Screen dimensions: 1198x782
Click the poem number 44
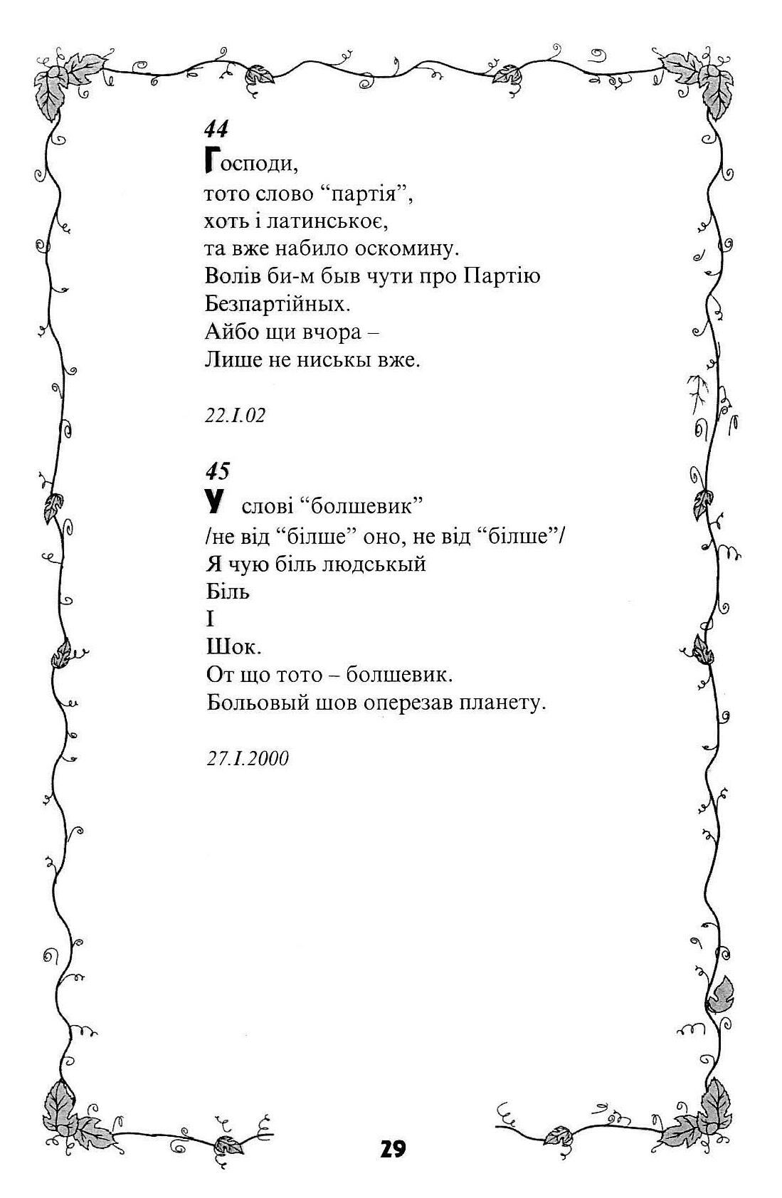pos(216,129)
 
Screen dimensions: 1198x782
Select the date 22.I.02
pos(235,415)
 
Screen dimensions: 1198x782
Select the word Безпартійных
pos(278,304)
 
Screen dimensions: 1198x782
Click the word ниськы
pos(334,359)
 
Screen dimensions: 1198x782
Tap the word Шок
pos(233,647)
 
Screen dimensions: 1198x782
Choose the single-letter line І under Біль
pos(210,619)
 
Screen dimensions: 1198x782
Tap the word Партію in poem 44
pos(502,276)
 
